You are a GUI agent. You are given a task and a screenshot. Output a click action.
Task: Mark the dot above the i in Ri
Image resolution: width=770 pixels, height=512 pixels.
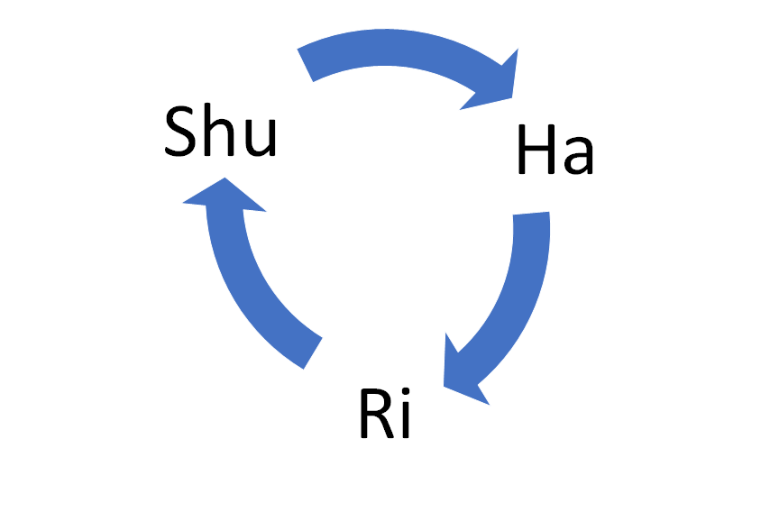(405, 393)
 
